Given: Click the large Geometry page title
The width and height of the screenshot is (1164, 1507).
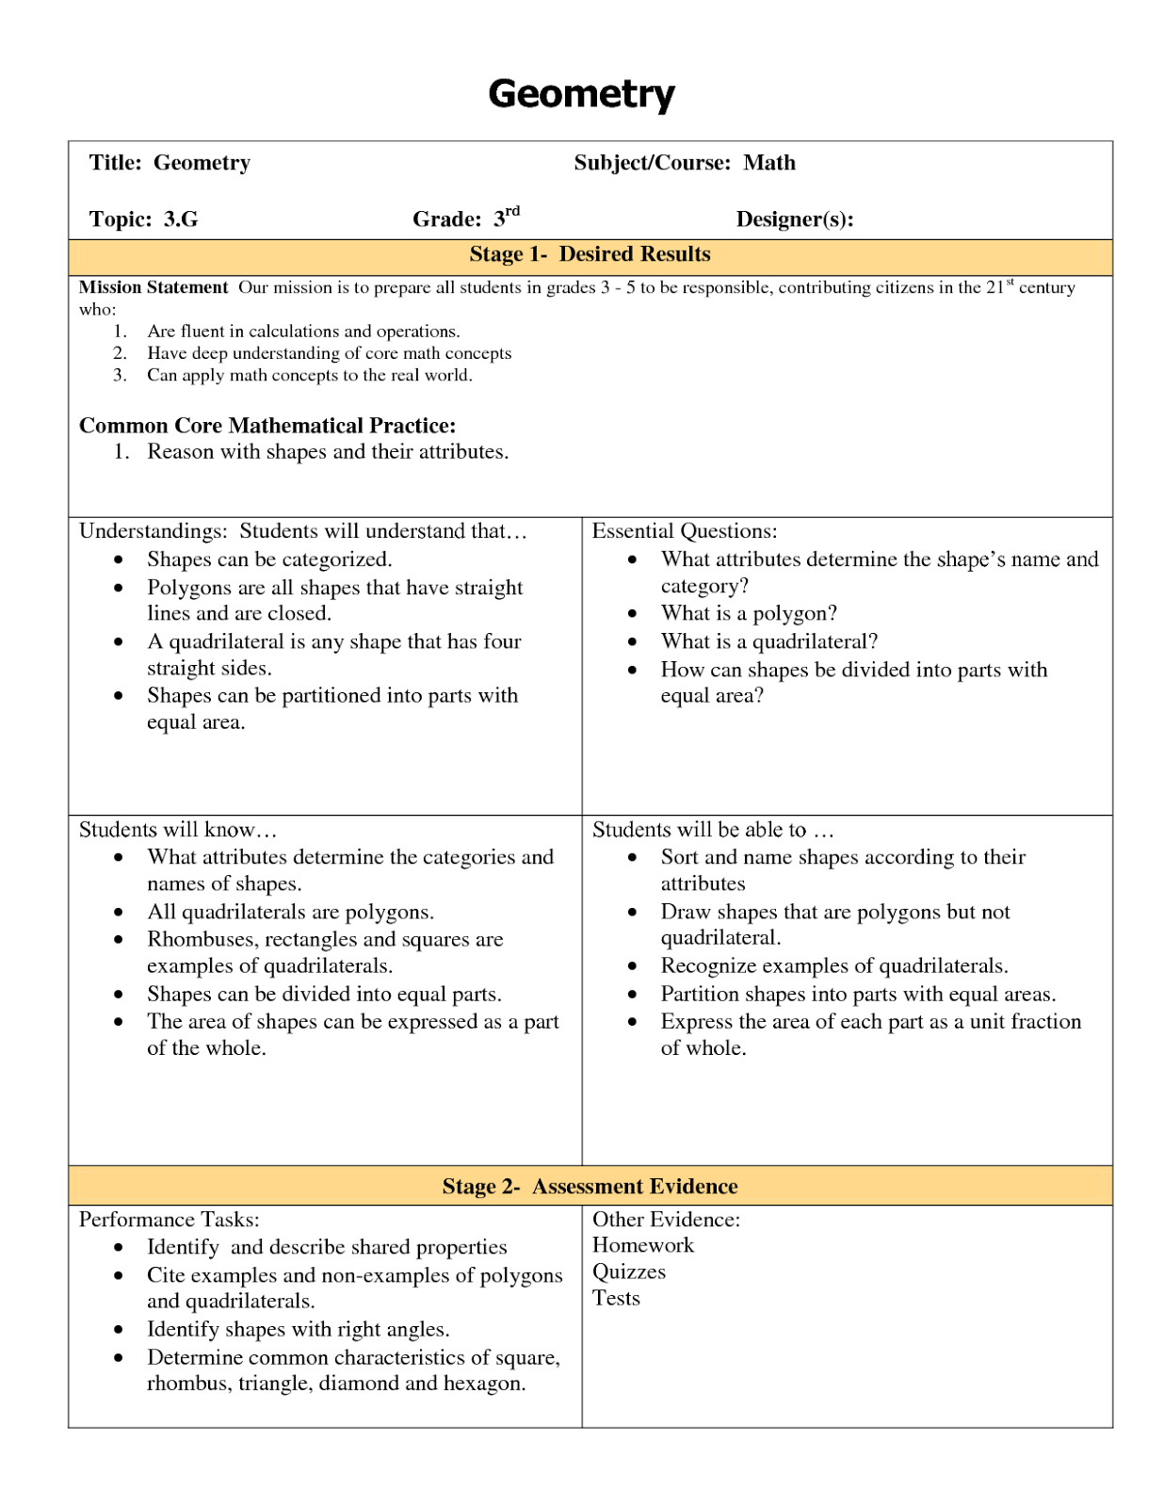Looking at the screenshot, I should pyautogui.click(x=581, y=94).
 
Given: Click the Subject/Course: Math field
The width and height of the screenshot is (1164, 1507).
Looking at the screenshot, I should pyautogui.click(x=685, y=163).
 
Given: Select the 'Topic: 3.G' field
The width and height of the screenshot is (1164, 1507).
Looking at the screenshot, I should pyautogui.click(x=143, y=219).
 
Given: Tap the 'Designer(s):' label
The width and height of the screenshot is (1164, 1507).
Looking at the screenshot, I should pyautogui.click(x=795, y=219).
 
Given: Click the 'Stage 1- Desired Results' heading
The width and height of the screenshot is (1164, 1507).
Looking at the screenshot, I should pyautogui.click(x=590, y=254).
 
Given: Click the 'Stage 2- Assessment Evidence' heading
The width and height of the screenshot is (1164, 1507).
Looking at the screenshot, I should pyautogui.click(x=590, y=1187).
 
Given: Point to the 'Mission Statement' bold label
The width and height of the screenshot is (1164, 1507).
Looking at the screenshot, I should pyautogui.click(x=154, y=287).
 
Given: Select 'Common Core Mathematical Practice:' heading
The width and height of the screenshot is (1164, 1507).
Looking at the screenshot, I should pyautogui.click(x=267, y=426).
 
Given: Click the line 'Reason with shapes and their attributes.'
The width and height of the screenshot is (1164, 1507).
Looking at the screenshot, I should pyautogui.click(x=328, y=452).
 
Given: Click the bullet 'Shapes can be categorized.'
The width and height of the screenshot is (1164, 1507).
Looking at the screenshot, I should pyautogui.click(x=269, y=559).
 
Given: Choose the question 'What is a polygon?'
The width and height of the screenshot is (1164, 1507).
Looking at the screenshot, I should pyautogui.click(x=749, y=613).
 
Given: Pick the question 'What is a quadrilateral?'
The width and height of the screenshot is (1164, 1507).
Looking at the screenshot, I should pyautogui.click(x=768, y=641).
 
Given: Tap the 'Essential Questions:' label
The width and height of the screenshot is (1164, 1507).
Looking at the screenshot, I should pyautogui.click(x=685, y=531).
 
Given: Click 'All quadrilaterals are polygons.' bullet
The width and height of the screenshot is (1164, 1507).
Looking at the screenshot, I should pyautogui.click(x=290, y=912).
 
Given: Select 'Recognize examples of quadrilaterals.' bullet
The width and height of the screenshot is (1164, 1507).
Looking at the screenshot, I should pyautogui.click(x=834, y=965).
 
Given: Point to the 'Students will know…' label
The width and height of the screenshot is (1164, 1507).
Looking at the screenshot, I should pyautogui.click(x=178, y=830).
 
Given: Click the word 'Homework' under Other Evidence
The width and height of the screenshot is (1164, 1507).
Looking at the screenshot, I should pyautogui.click(x=643, y=1245).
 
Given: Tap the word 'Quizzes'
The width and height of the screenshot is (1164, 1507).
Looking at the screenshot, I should pyautogui.click(x=629, y=1272).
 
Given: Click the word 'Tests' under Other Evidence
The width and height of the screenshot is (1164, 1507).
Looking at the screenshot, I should pyautogui.click(x=616, y=1298).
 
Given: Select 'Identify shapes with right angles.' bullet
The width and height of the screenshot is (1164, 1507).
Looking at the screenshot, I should pyautogui.click(x=298, y=1329).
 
